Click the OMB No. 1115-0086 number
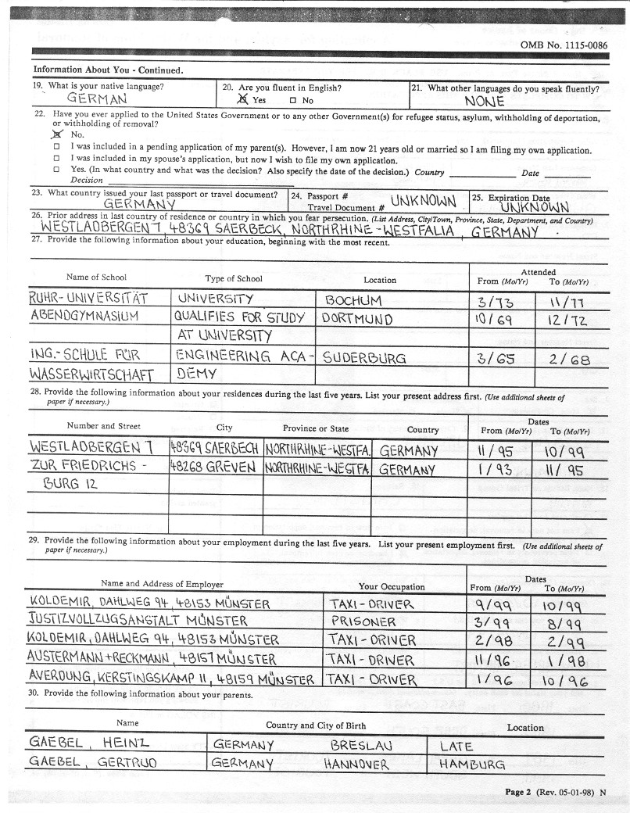564,45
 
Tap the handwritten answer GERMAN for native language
97,99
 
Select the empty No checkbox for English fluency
292,100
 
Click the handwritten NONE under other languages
485,101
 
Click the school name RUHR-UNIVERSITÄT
88,298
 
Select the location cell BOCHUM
353,300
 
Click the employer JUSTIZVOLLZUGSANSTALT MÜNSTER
138,621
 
